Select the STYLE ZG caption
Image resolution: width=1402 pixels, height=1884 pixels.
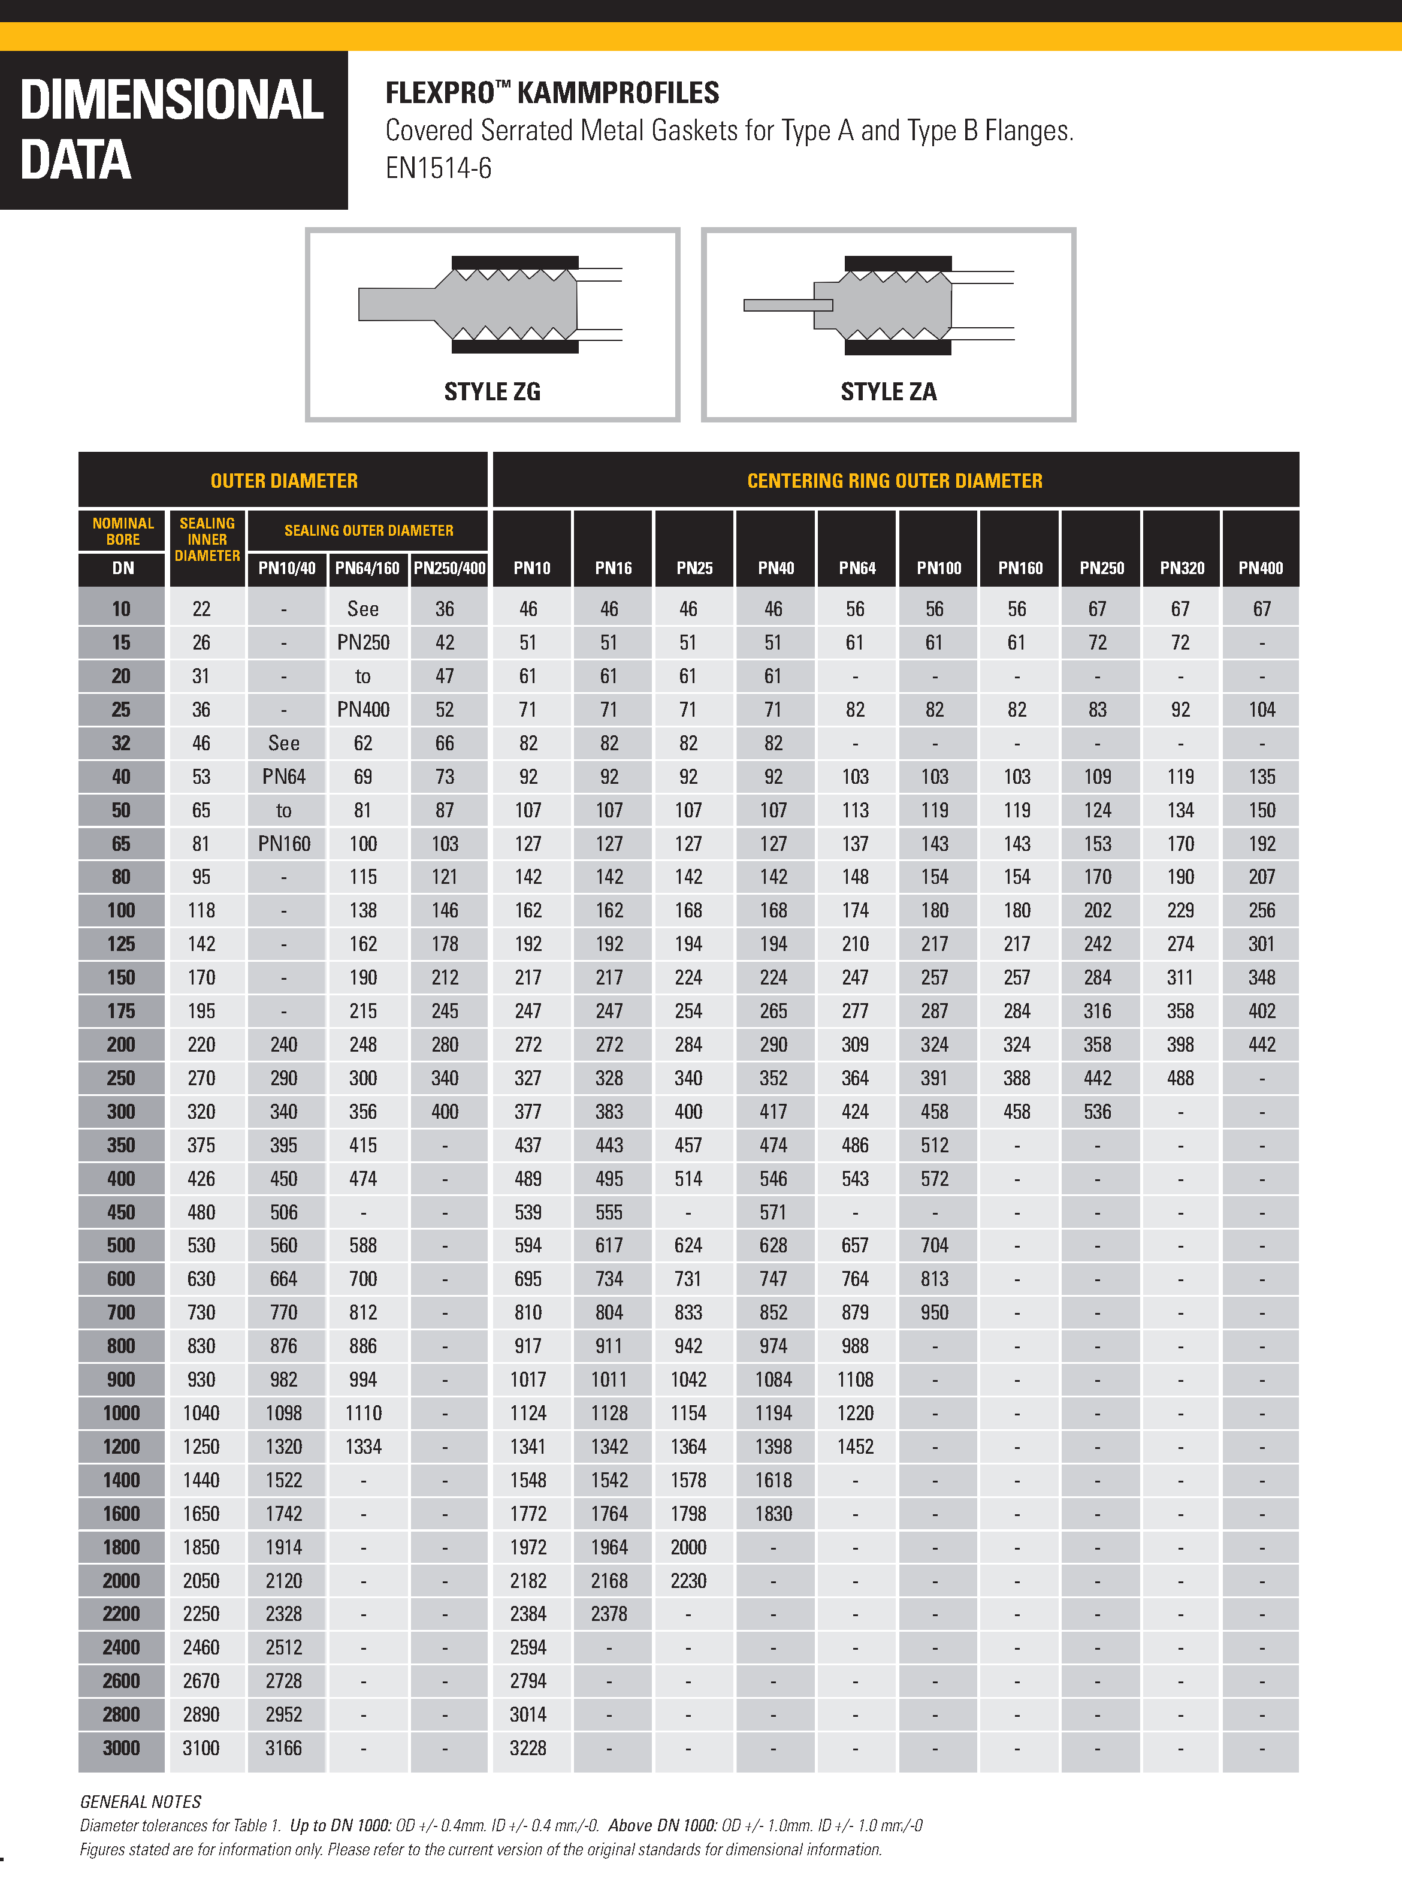pos(492,391)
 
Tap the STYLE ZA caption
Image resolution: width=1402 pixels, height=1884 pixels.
pos(889,391)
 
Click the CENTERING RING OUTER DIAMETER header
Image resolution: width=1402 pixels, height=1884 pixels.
pos(895,481)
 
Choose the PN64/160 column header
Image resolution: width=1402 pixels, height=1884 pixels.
pos(367,567)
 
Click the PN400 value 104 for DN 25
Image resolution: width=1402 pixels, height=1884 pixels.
pos(1261,709)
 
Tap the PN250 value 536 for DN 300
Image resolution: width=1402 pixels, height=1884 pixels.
pos(1096,1112)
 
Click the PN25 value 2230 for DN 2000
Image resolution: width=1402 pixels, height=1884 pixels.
pos(688,1581)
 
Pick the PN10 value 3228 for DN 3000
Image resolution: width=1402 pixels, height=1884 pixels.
pos(528,1747)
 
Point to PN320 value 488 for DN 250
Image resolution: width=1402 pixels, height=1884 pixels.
pos(1180,1078)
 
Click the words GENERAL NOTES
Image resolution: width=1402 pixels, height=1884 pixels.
pos(141,1801)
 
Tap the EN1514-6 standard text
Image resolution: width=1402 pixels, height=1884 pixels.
pos(438,168)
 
